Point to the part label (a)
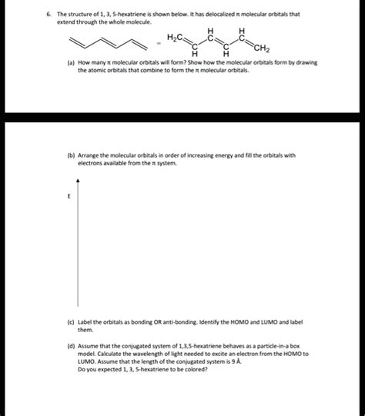point(71,62)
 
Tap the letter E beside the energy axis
point(69,195)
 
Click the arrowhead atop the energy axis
point(78,178)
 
